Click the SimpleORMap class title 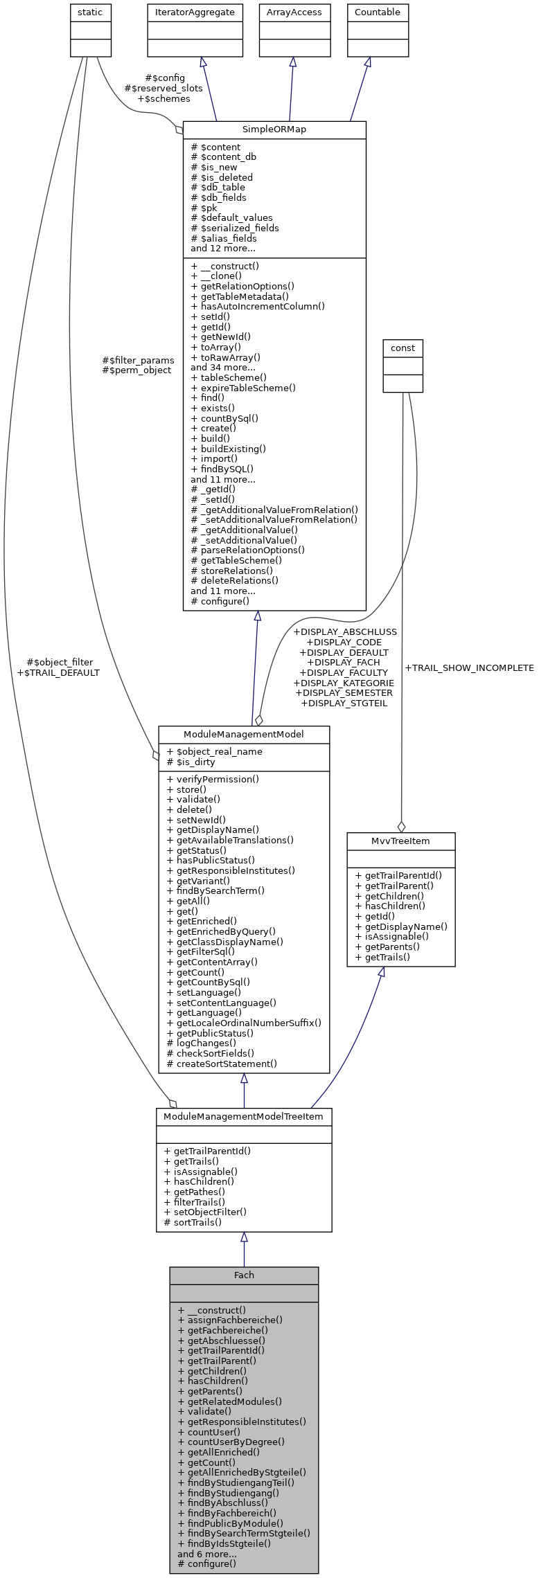pos(274,129)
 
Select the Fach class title pos(244,1275)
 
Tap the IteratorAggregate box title pos(195,12)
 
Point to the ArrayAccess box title pos(294,12)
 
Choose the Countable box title pos(378,12)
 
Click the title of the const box pos(403,348)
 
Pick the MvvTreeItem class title pos(400,841)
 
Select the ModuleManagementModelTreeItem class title pos(244,1117)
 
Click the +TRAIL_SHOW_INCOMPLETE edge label pos(469,668)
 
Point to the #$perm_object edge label pos(136,370)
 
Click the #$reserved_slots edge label pos(164,89)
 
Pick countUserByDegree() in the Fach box pos(231,1442)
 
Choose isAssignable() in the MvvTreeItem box pos(392,936)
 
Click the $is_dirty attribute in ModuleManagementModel pos(191,762)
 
